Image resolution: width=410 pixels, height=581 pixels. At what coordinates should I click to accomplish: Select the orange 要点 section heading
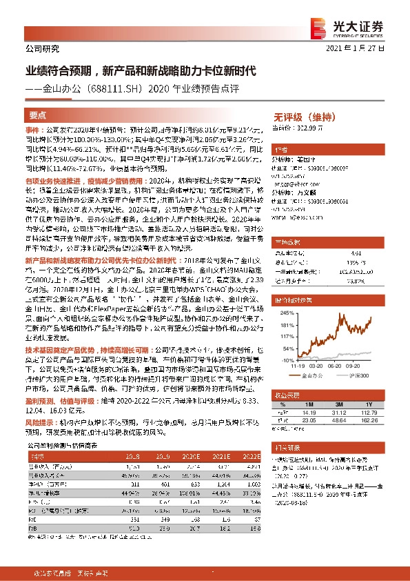coord(37,115)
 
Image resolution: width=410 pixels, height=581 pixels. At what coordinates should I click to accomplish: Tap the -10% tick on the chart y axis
coord(285,360)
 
